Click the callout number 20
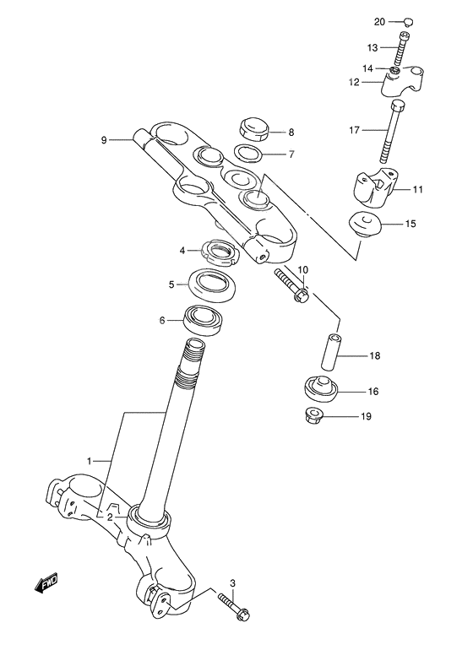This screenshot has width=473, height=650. pyautogui.click(x=378, y=21)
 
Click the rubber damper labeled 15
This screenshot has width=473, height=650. pyautogui.click(x=366, y=226)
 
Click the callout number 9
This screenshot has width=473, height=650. pyautogui.click(x=104, y=140)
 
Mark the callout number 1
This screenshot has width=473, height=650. pyautogui.click(x=89, y=461)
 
